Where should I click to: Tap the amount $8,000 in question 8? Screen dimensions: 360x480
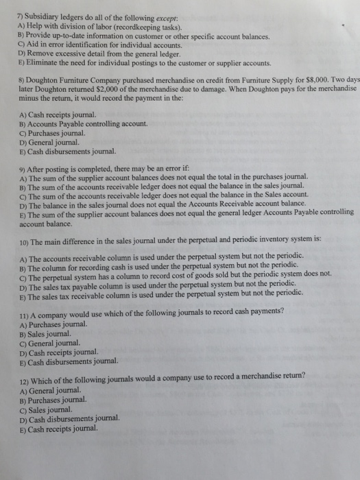pos(326,80)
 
